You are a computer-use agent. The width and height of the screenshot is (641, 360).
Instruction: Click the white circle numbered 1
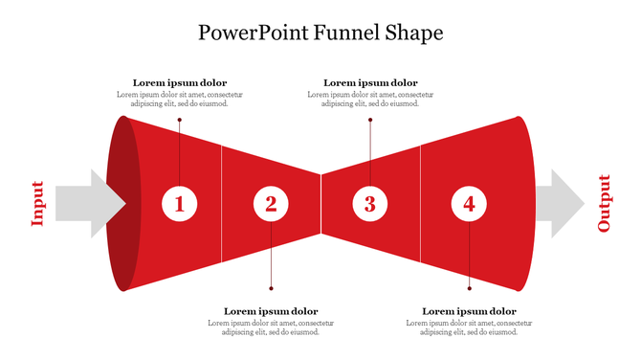point(179,203)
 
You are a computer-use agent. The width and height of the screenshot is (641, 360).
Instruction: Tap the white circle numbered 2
point(271,203)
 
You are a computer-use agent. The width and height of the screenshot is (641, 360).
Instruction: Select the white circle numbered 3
point(370,203)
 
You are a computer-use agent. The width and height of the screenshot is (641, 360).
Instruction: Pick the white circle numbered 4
point(469,203)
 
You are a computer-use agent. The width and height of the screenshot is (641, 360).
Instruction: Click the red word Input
point(37,203)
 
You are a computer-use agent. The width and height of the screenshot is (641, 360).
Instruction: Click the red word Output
point(604,203)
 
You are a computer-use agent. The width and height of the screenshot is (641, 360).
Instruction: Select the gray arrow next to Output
point(560,203)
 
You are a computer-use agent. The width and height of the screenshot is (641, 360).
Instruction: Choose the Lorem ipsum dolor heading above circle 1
point(180,83)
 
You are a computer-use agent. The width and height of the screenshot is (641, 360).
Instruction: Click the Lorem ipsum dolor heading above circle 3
point(370,83)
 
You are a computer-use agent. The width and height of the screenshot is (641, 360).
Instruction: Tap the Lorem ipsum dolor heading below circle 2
point(271,311)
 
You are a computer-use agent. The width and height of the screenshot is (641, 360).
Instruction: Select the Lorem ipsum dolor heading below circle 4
point(469,311)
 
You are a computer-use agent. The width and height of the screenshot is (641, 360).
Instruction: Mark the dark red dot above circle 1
point(179,120)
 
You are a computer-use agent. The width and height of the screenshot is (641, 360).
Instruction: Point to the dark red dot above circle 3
point(370,120)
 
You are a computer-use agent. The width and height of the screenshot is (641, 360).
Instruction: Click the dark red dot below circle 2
point(271,288)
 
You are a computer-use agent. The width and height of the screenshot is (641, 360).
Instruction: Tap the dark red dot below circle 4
point(469,288)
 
